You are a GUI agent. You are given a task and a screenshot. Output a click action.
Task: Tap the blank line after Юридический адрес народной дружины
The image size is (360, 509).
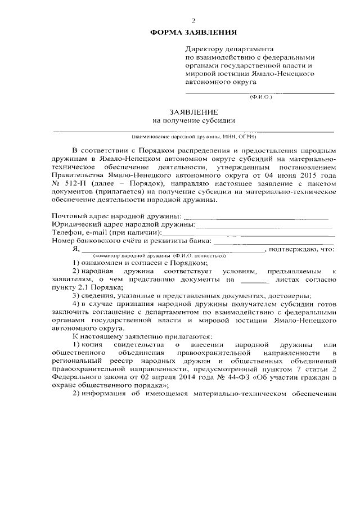pos(264,225)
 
